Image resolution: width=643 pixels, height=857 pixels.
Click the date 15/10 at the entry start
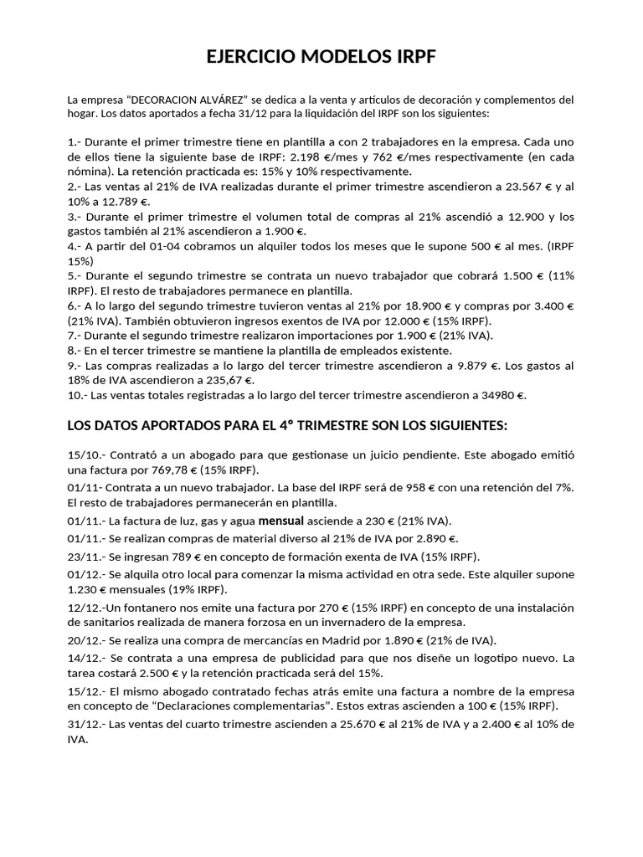pos(82,456)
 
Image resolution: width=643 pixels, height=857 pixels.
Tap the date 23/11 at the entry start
pos(82,557)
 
